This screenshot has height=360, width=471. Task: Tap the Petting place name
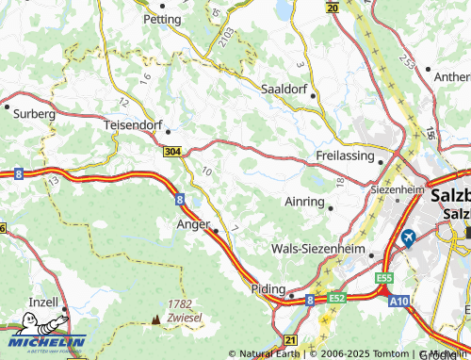(x=162, y=18)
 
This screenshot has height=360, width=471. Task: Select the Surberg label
(x=35, y=112)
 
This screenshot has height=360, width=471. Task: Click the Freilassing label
(x=345, y=155)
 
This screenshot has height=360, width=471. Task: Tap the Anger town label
(x=192, y=224)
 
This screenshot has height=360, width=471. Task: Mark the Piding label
(x=268, y=289)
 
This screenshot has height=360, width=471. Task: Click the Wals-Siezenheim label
(x=317, y=249)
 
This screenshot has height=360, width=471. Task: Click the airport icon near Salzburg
(x=409, y=237)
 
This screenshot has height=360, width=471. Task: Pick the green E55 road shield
(x=383, y=280)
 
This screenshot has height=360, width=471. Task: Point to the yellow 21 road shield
(x=290, y=339)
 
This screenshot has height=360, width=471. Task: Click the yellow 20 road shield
(x=332, y=7)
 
